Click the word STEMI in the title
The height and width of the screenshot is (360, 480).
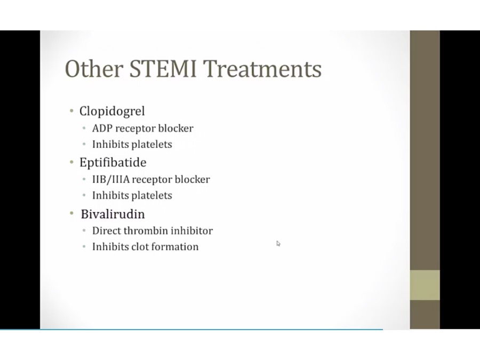coord(163,69)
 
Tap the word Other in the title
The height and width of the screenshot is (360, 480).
coord(94,69)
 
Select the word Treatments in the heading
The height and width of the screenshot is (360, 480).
coord(262,69)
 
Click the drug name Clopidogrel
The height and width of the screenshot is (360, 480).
coord(112,111)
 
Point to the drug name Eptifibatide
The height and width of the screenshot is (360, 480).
coord(113,162)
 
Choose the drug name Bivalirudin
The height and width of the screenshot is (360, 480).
coord(113,214)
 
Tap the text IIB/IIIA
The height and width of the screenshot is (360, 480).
coord(111,179)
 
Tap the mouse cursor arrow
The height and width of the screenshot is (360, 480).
coord(278,244)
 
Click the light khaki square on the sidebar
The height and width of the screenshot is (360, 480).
coord(425,285)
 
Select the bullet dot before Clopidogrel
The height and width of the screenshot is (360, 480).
coord(71,110)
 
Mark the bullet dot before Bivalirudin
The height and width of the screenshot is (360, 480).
coord(71,213)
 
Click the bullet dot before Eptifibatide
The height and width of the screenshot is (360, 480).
coord(71,162)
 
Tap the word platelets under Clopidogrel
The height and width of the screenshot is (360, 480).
coord(151,145)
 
